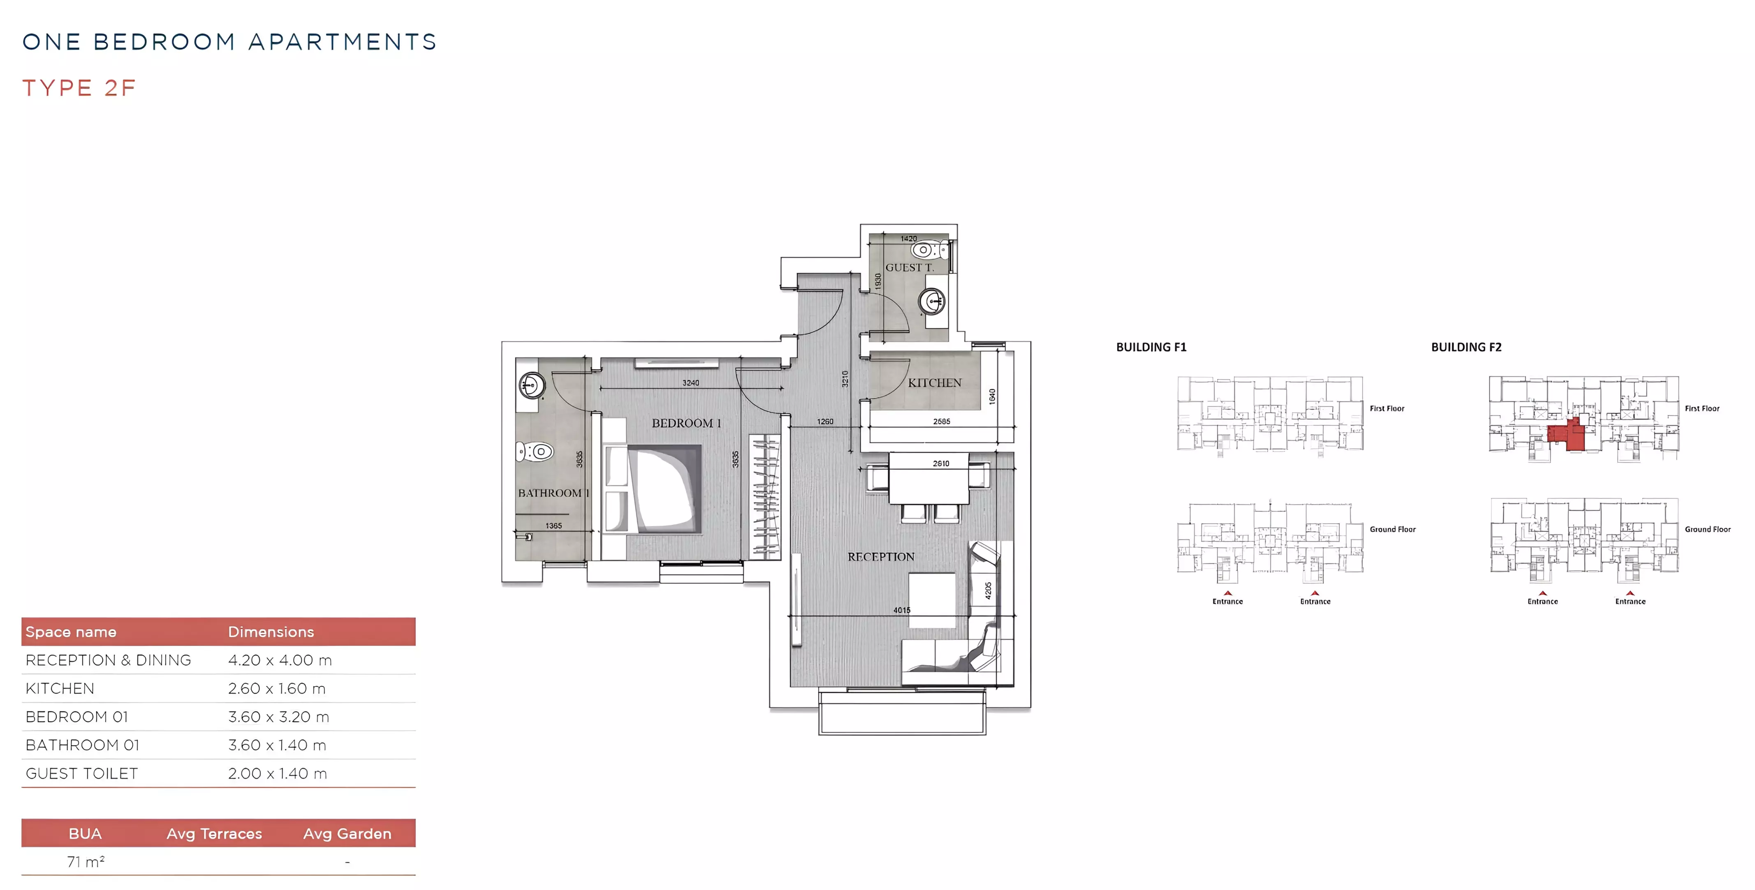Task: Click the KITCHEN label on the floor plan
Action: (x=934, y=383)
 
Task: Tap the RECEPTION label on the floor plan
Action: (x=881, y=557)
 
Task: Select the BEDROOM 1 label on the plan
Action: (x=686, y=423)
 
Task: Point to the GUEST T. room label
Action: (x=910, y=268)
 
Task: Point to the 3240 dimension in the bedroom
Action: (x=691, y=383)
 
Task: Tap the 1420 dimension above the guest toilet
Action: (x=908, y=239)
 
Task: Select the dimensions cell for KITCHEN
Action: (x=277, y=689)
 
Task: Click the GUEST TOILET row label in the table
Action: (x=82, y=774)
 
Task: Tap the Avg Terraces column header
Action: (x=214, y=833)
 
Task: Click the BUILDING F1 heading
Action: (x=1151, y=348)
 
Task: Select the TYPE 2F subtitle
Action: (x=79, y=88)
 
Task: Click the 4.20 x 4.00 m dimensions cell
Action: (x=280, y=661)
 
